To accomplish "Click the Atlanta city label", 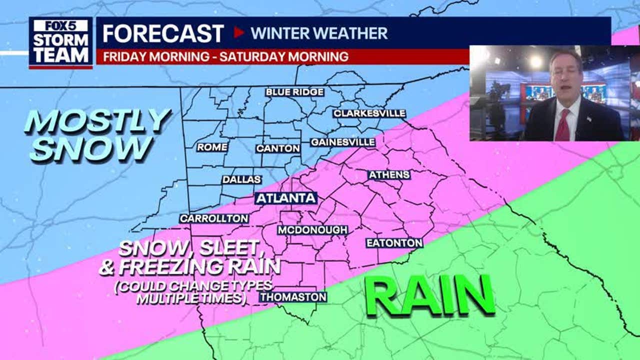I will pos(286,198).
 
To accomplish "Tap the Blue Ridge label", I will pos(294,92).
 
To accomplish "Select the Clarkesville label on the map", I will pos(369,113).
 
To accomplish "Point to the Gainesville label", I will pos(342,142).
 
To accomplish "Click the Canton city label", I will pos(278,148).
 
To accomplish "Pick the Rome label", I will pos(212,147).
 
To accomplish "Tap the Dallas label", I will pos(241,179).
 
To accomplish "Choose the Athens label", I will pos(389,175).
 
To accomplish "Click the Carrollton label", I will pos(214,218).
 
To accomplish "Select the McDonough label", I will pos(312,230).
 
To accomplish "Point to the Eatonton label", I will pos(394,243).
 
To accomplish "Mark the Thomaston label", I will pos(293,297).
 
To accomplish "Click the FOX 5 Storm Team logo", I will pos(60,42).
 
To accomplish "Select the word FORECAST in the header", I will pos(163,33).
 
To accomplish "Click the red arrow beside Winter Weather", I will pos(239,33).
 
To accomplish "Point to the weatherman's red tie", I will pos(563,125).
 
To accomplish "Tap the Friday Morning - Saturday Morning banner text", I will pos(225,56).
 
